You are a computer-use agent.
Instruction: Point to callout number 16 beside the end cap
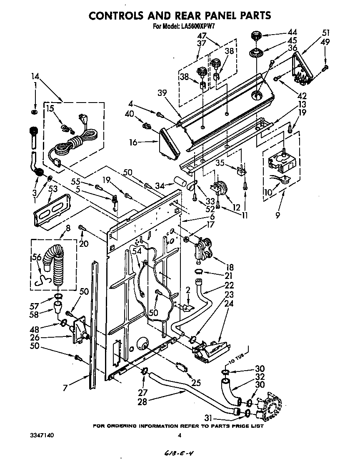click(133, 143)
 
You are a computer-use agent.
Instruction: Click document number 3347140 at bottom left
click(42, 435)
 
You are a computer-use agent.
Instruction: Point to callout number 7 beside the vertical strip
click(65, 388)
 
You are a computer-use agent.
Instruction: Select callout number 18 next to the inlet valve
click(230, 267)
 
